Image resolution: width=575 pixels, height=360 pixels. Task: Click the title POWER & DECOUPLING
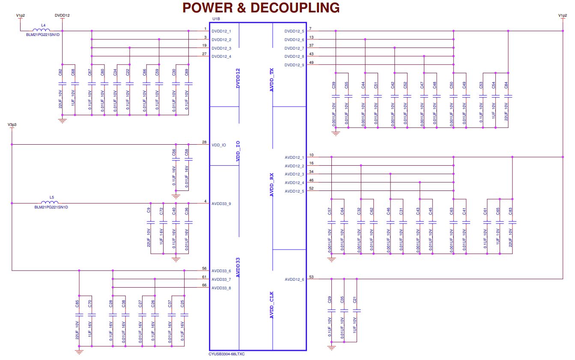click(261, 8)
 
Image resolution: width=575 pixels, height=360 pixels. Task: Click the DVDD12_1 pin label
click(221, 31)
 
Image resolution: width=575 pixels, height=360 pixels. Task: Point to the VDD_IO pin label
click(219, 145)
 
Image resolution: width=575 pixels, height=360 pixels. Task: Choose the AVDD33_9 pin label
click(221, 204)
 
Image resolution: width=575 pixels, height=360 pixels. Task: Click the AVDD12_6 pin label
click(294, 280)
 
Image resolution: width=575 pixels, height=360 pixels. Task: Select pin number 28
click(204, 142)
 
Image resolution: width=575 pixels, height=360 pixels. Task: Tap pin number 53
click(311, 277)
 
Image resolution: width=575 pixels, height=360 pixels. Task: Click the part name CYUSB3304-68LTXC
click(226, 354)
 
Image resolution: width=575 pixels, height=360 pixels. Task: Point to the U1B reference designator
click(216, 19)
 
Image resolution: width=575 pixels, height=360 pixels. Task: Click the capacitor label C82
click(60, 72)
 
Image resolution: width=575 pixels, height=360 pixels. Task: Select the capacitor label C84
click(506, 85)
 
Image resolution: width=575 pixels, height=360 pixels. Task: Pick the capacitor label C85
click(77, 304)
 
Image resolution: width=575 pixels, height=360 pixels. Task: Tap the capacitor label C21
click(355, 300)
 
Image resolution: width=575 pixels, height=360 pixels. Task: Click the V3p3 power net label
click(12, 125)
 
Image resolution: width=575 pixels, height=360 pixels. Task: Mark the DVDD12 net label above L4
click(63, 15)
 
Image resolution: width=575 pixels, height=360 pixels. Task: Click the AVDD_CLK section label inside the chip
click(271, 305)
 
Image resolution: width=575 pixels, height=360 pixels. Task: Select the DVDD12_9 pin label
click(294, 65)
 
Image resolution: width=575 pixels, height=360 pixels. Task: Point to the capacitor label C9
click(149, 210)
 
